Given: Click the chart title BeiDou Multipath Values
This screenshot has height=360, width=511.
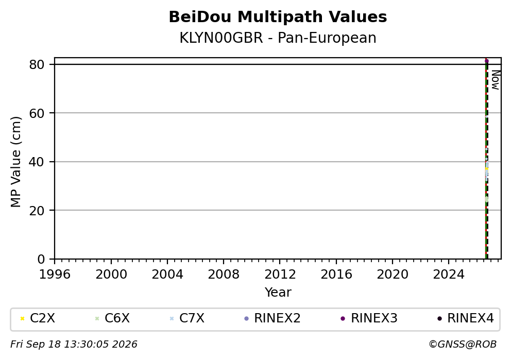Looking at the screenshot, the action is (x=278, y=17).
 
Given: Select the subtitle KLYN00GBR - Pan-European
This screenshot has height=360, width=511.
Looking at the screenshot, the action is (x=278, y=38).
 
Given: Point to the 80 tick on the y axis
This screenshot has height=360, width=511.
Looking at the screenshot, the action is (x=37, y=64).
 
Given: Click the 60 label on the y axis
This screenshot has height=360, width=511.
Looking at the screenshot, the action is (x=37, y=113).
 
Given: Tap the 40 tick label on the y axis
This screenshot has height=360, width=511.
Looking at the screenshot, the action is (x=37, y=162).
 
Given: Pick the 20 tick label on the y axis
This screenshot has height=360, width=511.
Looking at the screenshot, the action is (x=37, y=211).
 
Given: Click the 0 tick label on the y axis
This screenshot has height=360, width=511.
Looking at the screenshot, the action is (x=41, y=259).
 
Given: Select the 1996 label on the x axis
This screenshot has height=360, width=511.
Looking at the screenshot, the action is (x=55, y=275).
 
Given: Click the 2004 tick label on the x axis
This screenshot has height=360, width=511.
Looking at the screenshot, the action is (x=167, y=275).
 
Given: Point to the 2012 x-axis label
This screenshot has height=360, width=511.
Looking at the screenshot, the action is (x=280, y=275).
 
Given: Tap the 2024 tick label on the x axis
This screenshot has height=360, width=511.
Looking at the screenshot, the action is (x=449, y=275).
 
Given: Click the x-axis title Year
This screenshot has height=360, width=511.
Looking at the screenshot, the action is (x=278, y=292).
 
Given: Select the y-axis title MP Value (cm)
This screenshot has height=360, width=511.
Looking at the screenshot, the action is (x=15, y=162).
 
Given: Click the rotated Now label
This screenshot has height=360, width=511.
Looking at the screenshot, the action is (x=496, y=80).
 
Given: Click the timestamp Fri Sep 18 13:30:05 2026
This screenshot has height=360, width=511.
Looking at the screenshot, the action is (x=74, y=345).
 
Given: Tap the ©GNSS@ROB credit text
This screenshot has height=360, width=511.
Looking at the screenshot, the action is (x=463, y=345).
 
